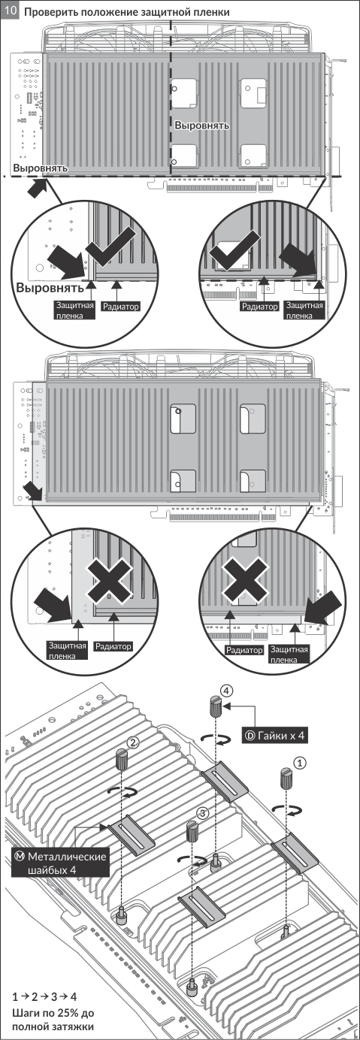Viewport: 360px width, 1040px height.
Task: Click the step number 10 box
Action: [11, 11]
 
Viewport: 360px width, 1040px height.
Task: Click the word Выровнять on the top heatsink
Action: [201, 125]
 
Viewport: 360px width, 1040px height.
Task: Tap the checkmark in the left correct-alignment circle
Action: [111, 249]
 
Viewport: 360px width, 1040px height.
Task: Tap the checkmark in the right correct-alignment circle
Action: [234, 252]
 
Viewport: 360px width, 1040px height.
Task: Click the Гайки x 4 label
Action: [274, 736]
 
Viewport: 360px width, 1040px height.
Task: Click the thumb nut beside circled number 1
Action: [286, 778]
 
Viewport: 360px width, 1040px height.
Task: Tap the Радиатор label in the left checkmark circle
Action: [121, 307]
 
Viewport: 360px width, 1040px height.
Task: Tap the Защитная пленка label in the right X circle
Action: [289, 655]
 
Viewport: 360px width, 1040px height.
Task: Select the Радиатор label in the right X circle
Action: [244, 650]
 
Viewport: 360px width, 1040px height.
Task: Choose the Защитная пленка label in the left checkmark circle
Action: [75, 310]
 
